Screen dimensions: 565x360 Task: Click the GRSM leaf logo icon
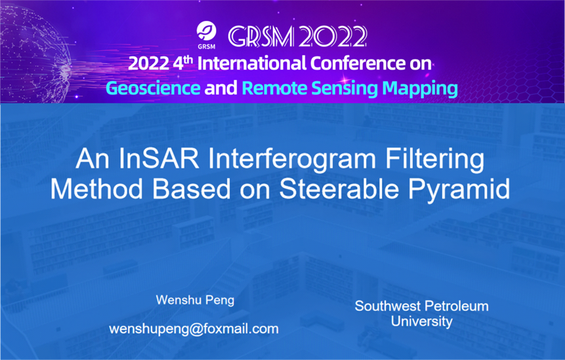pyautogui.click(x=207, y=31)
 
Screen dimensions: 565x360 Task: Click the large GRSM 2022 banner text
pyautogui.click(x=298, y=36)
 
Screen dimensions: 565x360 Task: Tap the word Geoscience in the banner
pyautogui.click(x=153, y=89)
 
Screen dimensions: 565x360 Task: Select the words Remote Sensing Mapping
pyautogui.click(x=350, y=89)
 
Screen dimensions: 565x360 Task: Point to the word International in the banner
pyautogui.click(x=252, y=64)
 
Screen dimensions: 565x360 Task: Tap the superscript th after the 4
pyautogui.click(x=188, y=59)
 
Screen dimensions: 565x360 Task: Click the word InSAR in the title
pyautogui.click(x=159, y=159)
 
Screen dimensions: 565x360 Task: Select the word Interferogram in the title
pyautogui.click(x=292, y=159)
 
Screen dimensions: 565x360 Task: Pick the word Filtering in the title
pyautogui.click(x=435, y=159)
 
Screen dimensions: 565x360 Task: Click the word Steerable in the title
pyautogui.click(x=339, y=189)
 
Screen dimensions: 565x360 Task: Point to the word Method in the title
pyautogui.click(x=96, y=189)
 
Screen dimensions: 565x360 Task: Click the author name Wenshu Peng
pyautogui.click(x=195, y=300)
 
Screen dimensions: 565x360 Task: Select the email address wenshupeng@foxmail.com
pyautogui.click(x=194, y=329)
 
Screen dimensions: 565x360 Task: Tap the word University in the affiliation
pyautogui.click(x=421, y=321)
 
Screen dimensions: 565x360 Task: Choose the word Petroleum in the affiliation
pyautogui.click(x=457, y=306)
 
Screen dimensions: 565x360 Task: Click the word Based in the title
pyautogui.click(x=191, y=189)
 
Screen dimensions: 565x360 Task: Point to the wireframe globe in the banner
pyautogui.click(x=34, y=54)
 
